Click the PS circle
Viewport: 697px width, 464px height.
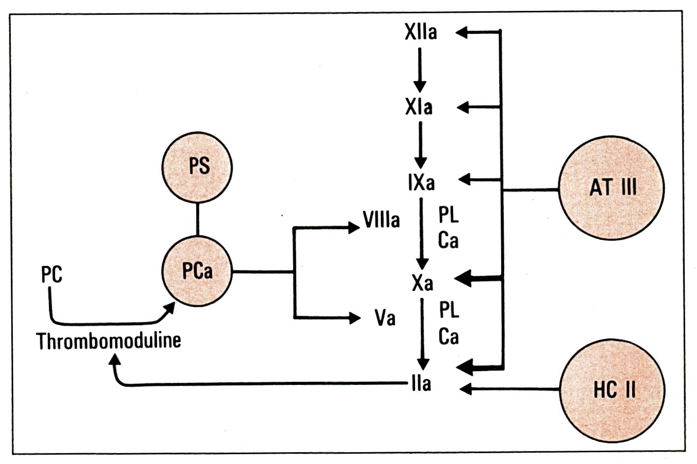coord(197,167)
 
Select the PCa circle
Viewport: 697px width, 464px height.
coord(197,271)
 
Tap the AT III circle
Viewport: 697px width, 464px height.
coord(611,188)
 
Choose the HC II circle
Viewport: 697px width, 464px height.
coord(612,389)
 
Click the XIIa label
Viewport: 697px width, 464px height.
coord(421,33)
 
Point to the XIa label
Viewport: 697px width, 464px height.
coord(419,107)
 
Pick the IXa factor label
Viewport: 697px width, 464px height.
coord(421,182)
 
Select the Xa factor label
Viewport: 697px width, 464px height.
coord(423,283)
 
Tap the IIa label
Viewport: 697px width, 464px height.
coord(422,384)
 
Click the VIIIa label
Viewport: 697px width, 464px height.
coord(381,220)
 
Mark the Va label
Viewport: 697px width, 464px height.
coord(385,319)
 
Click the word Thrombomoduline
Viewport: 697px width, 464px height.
coord(109,341)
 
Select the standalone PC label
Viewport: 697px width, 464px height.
coord(52,275)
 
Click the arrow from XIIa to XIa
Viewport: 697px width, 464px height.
coord(420,69)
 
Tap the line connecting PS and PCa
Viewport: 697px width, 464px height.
coord(197,219)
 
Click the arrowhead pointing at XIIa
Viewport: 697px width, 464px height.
coord(462,32)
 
